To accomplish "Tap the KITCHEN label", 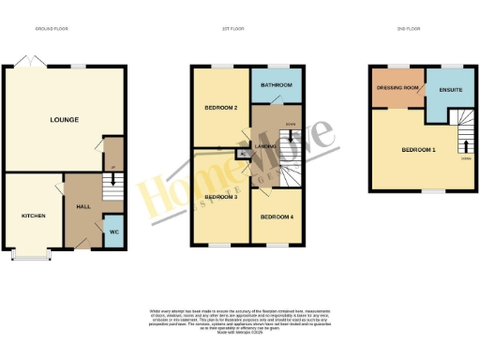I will (34, 216).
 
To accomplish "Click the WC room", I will (112, 232).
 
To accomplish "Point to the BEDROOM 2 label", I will (220, 108).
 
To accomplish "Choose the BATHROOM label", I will (277, 85).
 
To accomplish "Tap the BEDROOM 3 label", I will (220, 197).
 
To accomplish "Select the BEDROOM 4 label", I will (276, 217).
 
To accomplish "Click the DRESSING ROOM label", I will (396, 87).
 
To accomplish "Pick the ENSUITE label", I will (451, 90).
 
